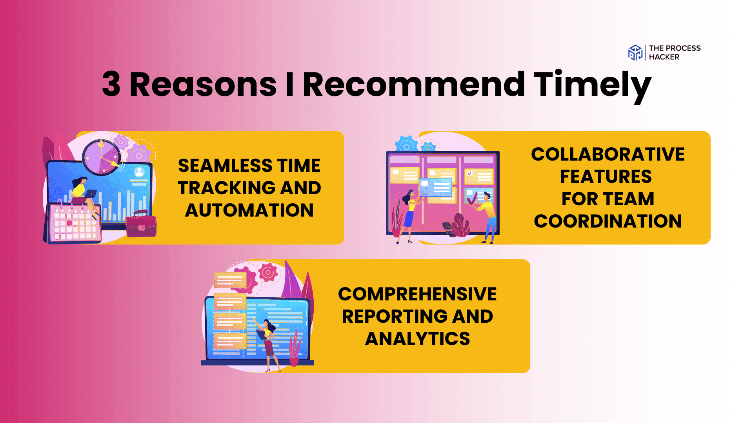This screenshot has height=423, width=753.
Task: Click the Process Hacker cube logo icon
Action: point(635,52)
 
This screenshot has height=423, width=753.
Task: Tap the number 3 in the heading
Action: point(111,84)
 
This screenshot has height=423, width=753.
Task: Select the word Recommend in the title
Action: point(414,84)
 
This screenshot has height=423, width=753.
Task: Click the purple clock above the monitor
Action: point(101,157)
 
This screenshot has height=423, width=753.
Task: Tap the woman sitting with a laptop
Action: point(84,196)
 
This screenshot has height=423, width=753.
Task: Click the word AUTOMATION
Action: point(249,210)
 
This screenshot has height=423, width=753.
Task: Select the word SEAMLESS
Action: point(220,166)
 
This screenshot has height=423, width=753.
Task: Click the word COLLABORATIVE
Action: point(608,154)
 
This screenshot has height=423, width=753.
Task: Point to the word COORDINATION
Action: point(608,221)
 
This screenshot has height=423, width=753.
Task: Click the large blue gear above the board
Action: point(406,144)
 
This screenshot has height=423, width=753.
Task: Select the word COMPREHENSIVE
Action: point(417,294)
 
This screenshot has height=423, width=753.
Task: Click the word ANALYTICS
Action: point(417,339)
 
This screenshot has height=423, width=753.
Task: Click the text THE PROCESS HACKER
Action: point(675,52)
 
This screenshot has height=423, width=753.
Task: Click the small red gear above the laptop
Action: point(268,273)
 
